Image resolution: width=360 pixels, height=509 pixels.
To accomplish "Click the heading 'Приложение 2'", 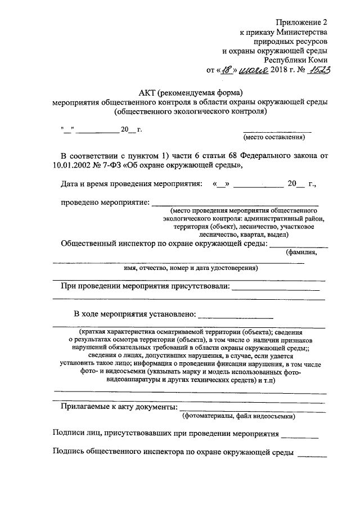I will (301, 23).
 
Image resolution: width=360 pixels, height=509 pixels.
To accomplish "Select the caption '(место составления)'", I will (274, 137).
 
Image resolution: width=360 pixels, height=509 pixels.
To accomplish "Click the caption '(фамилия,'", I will (301, 252).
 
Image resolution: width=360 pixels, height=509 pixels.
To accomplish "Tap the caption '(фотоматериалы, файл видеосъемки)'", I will (238, 416).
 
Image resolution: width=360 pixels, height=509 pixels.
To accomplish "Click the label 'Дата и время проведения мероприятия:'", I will (130, 183).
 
